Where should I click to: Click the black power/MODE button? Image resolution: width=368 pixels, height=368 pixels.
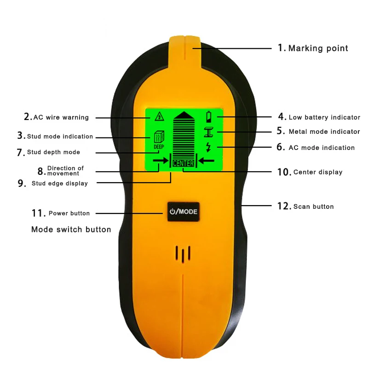point(183,212)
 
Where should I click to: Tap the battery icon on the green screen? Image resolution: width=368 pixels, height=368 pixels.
point(208,117)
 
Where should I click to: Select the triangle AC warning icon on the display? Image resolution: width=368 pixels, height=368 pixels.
point(159,116)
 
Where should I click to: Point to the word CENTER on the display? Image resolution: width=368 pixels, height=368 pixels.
point(183,163)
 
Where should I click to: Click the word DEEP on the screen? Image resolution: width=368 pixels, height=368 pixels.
point(159,147)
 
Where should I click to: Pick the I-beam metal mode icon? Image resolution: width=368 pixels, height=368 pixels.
point(208,132)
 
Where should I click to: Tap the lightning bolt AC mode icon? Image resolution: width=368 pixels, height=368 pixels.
point(208,147)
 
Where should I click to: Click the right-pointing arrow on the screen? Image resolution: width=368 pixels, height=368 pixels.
point(161,161)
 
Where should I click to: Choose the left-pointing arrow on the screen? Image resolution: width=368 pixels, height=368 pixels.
point(206,161)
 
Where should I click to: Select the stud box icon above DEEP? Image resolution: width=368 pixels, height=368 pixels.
point(159,137)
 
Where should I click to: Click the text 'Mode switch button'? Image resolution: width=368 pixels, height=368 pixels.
point(71,229)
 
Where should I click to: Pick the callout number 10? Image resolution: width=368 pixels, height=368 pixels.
point(284,172)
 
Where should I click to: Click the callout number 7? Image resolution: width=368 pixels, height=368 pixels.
point(21,152)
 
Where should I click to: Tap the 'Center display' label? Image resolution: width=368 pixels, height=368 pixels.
point(318,172)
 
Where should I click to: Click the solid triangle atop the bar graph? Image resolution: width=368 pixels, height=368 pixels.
point(184,115)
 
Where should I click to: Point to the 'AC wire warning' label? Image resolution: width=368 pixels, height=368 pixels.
point(61,117)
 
